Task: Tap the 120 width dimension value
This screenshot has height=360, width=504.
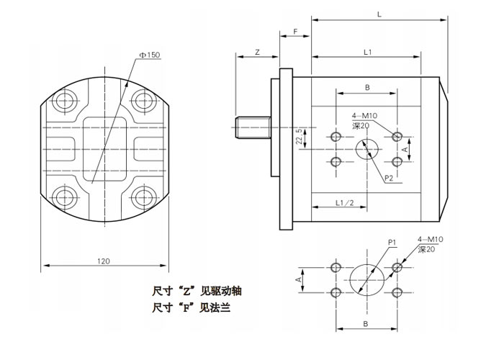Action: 104,261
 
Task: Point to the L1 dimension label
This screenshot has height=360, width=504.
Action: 367,53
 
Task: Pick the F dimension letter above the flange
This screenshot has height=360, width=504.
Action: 296,32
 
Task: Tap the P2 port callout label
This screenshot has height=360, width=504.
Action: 388,177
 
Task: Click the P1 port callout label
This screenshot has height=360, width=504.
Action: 393,243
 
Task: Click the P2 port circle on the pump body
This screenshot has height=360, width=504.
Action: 367,148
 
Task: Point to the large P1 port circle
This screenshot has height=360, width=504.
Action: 367,279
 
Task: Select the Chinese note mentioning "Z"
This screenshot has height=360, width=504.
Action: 197,292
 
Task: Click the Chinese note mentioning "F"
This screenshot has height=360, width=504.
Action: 192,310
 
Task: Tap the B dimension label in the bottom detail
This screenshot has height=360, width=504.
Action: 366,325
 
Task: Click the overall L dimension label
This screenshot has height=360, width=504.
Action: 379,13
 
